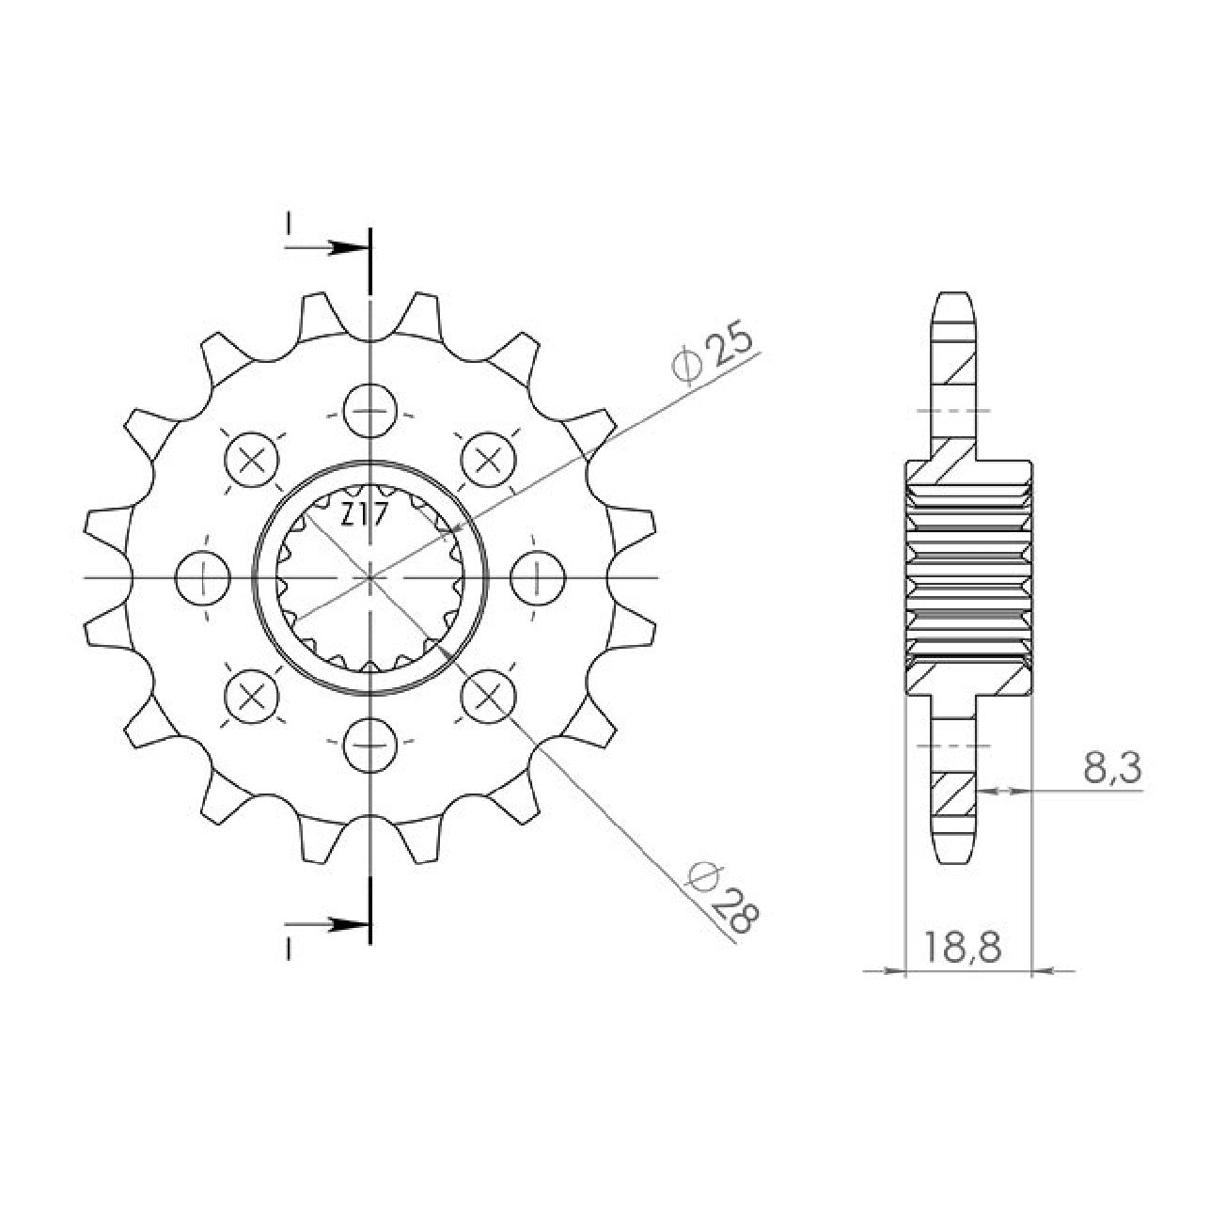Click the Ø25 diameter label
point(712,356)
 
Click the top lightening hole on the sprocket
point(370,411)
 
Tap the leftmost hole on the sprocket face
point(203,577)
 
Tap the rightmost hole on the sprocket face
point(538,577)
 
